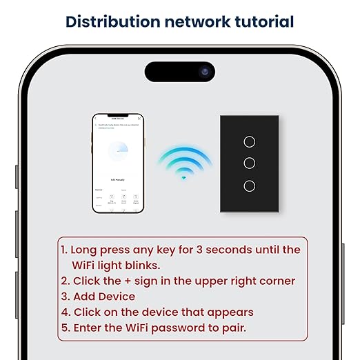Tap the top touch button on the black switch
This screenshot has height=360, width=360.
tap(250, 140)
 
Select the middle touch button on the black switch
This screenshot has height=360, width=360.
tap(250, 163)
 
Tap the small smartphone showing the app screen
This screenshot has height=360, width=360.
tap(118, 163)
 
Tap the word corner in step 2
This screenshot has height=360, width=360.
tap(275, 281)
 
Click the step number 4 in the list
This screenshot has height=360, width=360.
tap(65, 312)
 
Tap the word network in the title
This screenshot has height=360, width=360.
tap(194, 21)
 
